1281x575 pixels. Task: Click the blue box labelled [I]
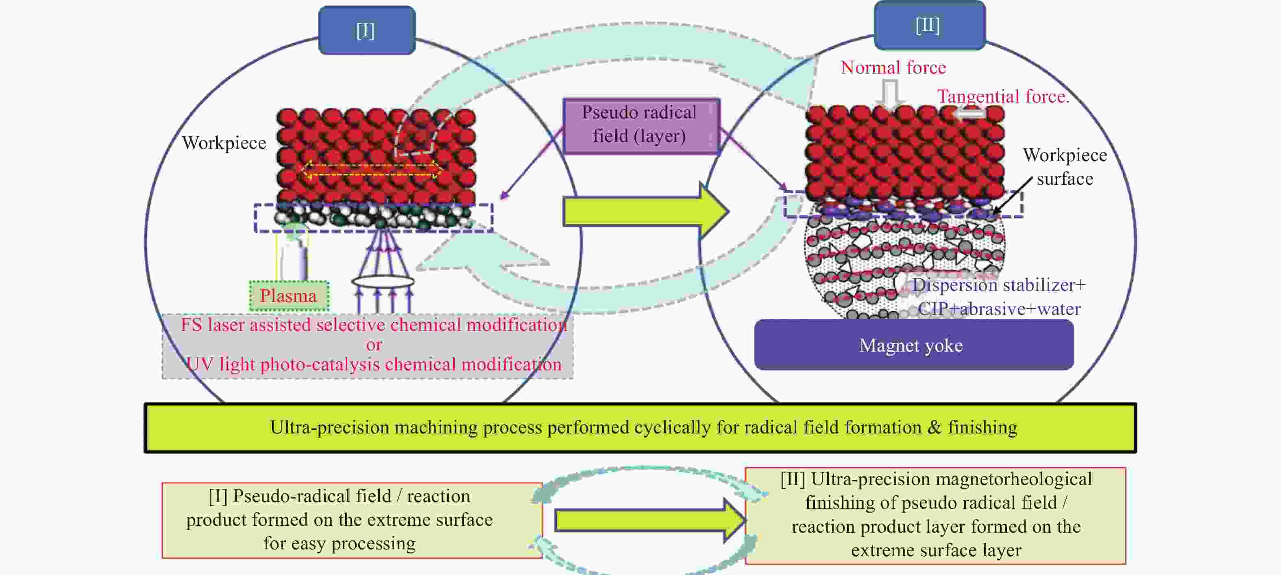(x=367, y=31)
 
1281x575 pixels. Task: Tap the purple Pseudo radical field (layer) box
(x=641, y=125)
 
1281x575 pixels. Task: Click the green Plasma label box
(x=288, y=296)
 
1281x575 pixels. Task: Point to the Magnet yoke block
(x=913, y=345)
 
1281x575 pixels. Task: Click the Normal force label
(x=893, y=67)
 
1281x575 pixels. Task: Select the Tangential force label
(x=1003, y=96)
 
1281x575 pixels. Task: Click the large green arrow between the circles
(x=645, y=211)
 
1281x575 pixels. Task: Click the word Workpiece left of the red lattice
(x=224, y=143)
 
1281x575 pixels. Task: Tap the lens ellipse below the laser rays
(x=383, y=282)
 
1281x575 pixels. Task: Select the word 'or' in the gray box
(x=374, y=345)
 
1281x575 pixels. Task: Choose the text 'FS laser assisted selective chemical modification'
(x=374, y=325)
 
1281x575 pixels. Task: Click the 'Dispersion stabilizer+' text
(x=998, y=285)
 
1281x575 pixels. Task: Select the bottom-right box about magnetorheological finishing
(x=935, y=515)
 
